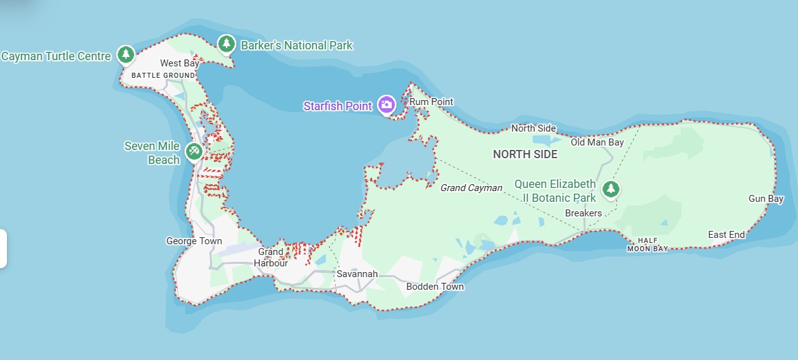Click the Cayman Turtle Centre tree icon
[x=127, y=54]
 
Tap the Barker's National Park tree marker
[x=226, y=44]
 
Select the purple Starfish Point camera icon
[x=386, y=104]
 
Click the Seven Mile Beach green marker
[x=194, y=151]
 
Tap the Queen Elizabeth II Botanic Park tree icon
[x=610, y=188]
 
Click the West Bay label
[x=180, y=63]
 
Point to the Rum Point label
[x=432, y=102]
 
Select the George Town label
[x=194, y=241]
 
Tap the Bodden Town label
[x=435, y=287]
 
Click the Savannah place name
[x=357, y=274]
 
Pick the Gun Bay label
[x=766, y=199]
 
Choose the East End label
[x=726, y=235]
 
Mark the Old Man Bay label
[x=597, y=142]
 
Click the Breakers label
[x=583, y=213]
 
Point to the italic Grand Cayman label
[x=471, y=188]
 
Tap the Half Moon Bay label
[x=647, y=245]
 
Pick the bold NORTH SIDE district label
[x=525, y=154]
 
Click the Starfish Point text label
[x=338, y=106]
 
